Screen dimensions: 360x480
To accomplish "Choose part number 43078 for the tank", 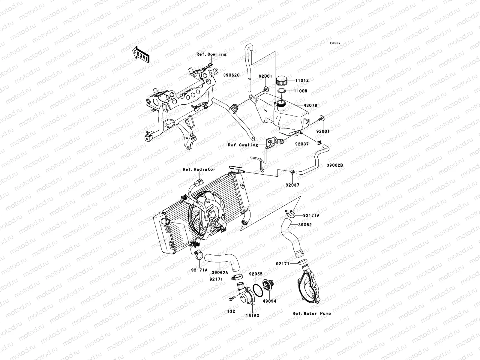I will [310, 106].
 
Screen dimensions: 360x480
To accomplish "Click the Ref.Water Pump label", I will [312, 313].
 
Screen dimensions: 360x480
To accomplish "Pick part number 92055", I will [256, 274].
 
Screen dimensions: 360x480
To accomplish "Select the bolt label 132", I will [231, 311].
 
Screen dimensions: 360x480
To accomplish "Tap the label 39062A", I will [220, 272].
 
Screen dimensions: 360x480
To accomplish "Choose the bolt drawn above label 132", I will [232, 299].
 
